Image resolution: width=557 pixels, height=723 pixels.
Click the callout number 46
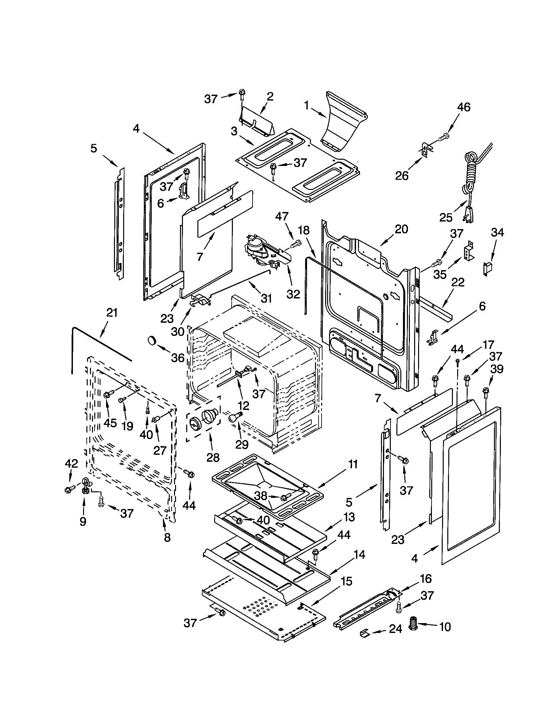coord(463,107)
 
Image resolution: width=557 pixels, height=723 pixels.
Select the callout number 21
coord(112,313)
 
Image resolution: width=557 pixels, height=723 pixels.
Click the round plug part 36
coord(152,340)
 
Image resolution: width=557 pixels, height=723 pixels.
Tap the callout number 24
coord(395,628)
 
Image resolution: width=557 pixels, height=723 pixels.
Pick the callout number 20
coord(401,229)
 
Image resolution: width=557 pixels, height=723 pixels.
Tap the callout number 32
coord(293,293)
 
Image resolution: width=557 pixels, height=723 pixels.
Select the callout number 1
coord(307,106)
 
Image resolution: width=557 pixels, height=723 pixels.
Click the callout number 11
coord(353,465)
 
